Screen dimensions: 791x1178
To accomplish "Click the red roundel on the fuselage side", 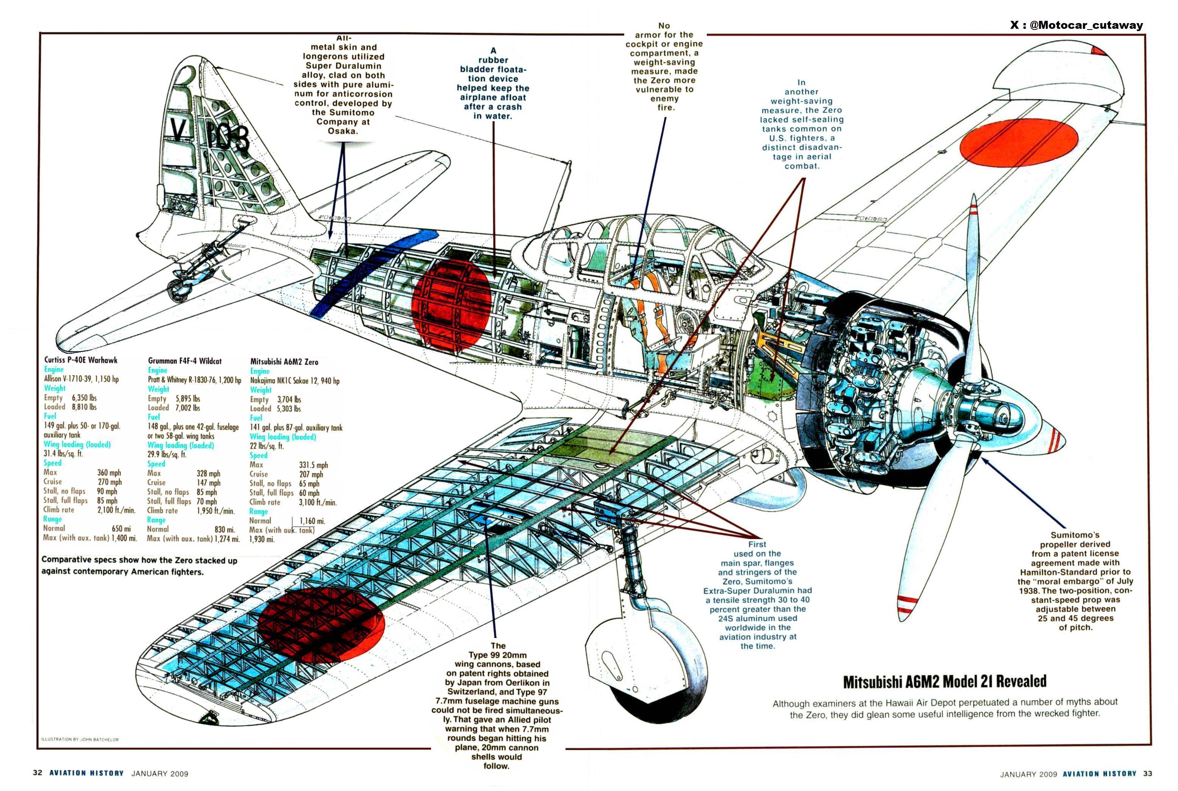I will click(452, 305).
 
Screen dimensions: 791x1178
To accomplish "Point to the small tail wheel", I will click(176, 291).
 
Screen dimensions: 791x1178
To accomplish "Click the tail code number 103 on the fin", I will click(230, 137).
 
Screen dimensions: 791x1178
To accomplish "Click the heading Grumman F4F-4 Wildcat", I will click(184, 361).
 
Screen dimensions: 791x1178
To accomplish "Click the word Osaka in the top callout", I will click(343, 131).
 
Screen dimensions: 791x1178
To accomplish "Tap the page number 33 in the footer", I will click(1148, 773).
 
